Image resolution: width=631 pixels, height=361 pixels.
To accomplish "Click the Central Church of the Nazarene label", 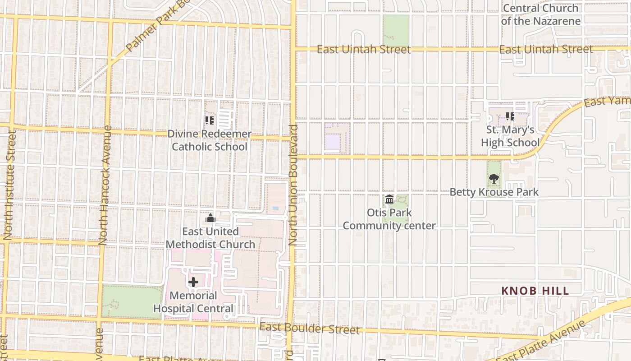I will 540,14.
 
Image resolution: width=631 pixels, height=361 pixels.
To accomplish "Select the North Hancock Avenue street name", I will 105,185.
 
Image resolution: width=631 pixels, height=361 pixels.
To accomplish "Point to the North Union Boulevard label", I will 293,185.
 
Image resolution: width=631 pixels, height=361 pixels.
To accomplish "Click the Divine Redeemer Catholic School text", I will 210,140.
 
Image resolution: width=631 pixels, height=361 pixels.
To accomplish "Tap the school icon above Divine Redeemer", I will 210,120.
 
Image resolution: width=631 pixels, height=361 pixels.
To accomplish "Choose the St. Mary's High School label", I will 510,136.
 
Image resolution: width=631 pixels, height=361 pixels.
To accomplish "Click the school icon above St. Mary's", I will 510,117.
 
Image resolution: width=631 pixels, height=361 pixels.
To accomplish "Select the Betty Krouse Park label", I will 494,192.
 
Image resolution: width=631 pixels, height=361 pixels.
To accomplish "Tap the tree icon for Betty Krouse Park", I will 494,179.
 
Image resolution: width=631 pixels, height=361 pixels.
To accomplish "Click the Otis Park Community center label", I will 389,219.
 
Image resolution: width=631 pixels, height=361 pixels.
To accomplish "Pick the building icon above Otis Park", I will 389,199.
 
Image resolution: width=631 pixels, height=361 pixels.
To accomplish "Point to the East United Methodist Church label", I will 210,238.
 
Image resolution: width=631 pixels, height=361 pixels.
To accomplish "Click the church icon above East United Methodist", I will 210,219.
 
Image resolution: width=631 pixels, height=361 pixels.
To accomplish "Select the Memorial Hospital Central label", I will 193,302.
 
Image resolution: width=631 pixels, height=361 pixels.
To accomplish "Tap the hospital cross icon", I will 193,282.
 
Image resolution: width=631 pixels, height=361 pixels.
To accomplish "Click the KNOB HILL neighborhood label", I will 535,291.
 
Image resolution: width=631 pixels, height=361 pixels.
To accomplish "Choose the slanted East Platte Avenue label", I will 541,342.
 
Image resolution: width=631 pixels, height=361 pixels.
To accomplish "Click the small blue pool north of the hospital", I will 275,208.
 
